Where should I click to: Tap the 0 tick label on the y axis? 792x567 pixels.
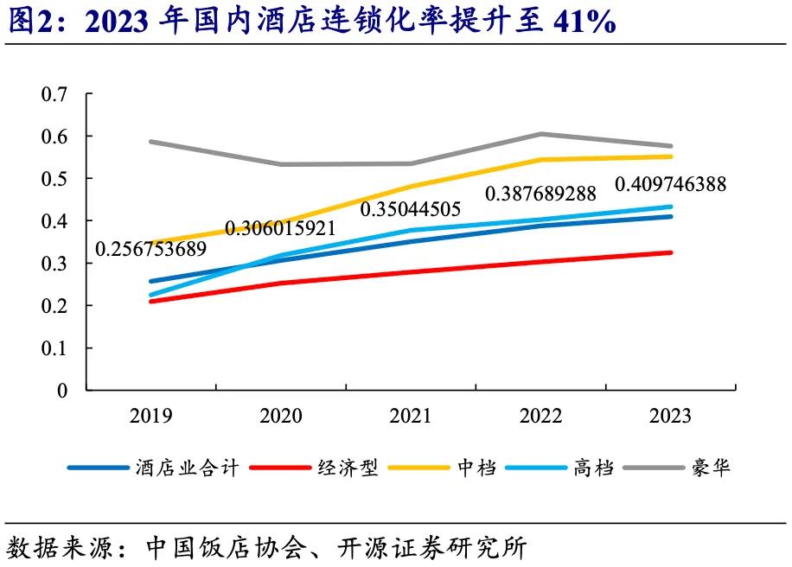(x=61, y=391)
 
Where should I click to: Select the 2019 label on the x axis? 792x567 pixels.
(x=150, y=417)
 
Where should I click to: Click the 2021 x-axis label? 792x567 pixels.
(x=410, y=417)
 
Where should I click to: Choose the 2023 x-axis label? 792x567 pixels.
(x=670, y=417)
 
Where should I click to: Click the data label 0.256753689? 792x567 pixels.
(x=150, y=249)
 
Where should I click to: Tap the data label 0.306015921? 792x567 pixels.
(x=280, y=228)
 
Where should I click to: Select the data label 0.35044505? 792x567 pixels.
(x=410, y=209)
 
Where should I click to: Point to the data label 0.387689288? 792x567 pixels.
(x=540, y=194)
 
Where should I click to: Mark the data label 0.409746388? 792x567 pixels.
(x=670, y=184)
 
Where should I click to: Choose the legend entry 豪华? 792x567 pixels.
(x=710, y=468)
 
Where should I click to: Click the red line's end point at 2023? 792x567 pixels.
(x=670, y=252)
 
